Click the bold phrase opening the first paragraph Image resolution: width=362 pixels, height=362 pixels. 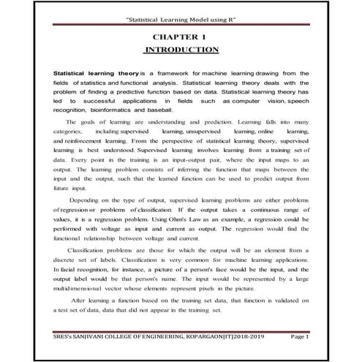tap(94, 75)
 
